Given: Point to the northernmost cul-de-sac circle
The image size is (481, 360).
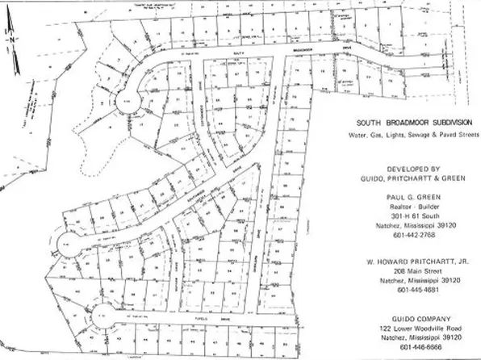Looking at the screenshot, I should click(129, 103).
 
